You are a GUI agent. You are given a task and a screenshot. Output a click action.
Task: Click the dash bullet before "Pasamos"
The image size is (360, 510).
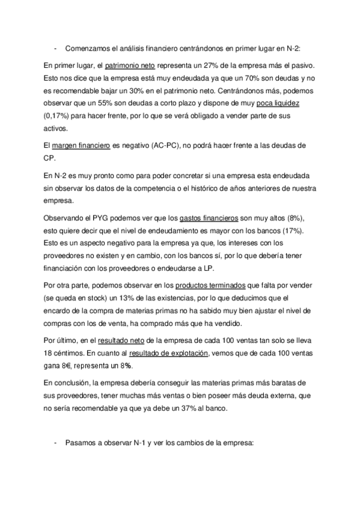pyautogui.click(x=55, y=444)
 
